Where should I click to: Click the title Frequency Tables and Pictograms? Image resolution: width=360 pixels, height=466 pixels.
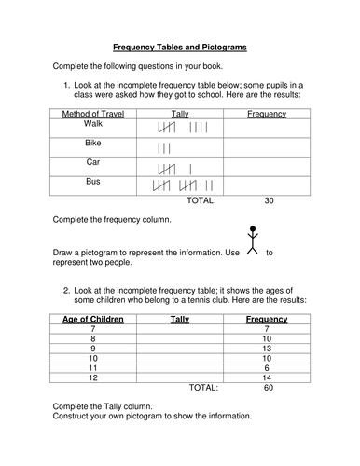(181, 45)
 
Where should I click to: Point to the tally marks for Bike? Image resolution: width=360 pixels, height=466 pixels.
(164, 148)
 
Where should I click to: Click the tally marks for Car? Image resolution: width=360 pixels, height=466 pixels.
(176, 169)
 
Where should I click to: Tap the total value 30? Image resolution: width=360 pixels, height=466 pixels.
(270, 199)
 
